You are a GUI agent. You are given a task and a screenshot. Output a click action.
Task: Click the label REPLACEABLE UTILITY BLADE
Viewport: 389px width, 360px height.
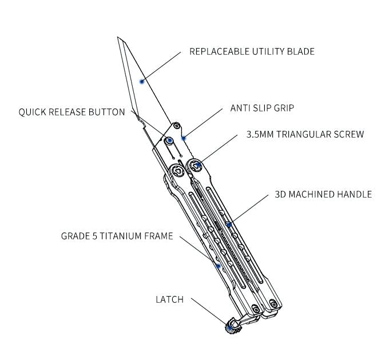[252, 51]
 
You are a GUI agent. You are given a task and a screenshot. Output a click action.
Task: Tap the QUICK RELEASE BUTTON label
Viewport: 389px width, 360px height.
[72, 112]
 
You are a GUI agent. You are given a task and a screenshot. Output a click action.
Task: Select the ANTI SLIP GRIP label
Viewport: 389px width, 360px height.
[262, 107]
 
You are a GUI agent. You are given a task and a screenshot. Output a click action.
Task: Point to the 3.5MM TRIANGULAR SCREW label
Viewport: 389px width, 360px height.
[305, 135]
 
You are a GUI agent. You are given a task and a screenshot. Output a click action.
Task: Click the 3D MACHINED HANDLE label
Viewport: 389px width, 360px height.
[323, 194]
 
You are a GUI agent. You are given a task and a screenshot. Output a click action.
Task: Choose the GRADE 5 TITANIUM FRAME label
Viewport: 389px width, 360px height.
[117, 235]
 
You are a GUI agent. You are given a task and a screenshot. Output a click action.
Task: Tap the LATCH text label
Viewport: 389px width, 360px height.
[169, 299]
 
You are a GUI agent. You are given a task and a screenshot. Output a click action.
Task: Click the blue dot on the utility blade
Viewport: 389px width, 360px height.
[142, 81]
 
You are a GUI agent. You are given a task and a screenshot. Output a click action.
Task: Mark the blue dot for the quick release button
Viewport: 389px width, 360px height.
[169, 140]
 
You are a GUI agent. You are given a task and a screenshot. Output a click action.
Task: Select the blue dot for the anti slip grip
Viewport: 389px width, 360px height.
[183, 138]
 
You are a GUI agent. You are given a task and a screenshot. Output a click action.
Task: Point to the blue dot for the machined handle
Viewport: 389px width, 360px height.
[229, 225]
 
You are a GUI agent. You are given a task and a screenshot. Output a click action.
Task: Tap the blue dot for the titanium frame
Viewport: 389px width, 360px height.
[218, 266]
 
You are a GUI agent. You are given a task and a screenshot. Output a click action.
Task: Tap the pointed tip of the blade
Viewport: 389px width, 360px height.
[118, 38]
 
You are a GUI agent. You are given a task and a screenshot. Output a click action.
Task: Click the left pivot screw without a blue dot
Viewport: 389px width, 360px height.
[178, 171]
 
